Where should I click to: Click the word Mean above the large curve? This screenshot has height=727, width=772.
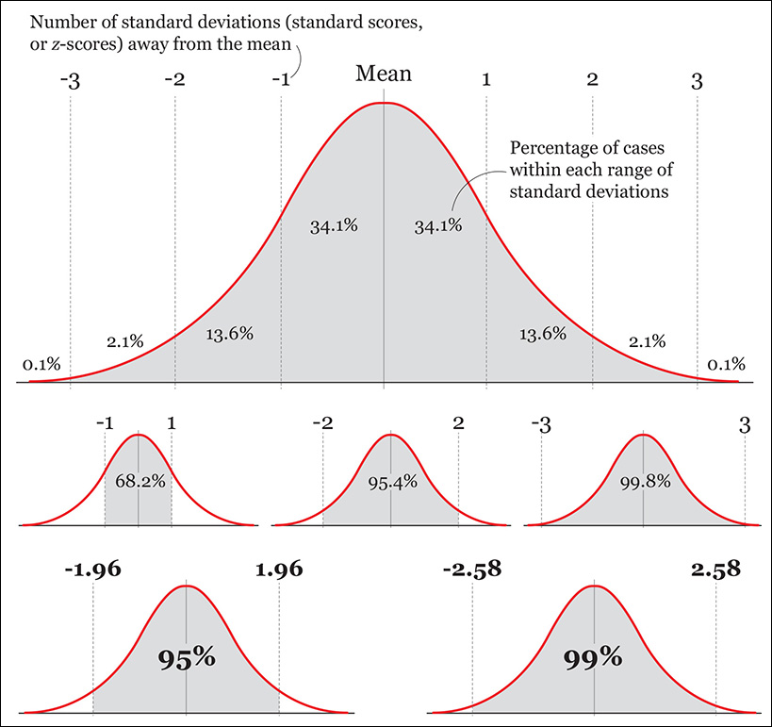384,74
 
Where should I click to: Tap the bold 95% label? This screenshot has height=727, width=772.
188,658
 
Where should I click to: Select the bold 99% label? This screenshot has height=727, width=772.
593,658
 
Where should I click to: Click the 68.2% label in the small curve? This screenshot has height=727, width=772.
140,480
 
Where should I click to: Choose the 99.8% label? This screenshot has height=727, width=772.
644,480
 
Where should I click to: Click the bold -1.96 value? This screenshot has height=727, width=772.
93,570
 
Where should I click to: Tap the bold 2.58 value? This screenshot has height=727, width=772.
715,570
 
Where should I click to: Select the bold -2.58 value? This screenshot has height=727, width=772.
471,570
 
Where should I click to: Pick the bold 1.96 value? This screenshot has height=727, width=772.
280,570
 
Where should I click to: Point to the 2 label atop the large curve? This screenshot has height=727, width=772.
592,81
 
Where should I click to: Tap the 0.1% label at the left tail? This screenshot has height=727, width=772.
41,364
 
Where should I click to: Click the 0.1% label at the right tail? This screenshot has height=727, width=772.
726,364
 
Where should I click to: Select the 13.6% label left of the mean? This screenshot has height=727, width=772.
229,333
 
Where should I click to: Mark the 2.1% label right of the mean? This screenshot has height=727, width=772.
647,340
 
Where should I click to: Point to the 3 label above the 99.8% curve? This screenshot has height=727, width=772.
745,425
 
